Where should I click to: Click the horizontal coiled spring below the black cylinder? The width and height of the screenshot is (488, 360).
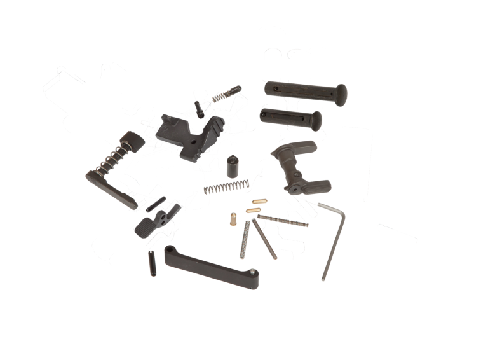click(x=222, y=188)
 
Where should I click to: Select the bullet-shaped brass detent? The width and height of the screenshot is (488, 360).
click(x=233, y=219)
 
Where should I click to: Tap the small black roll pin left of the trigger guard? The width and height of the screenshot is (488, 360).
click(x=152, y=261)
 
